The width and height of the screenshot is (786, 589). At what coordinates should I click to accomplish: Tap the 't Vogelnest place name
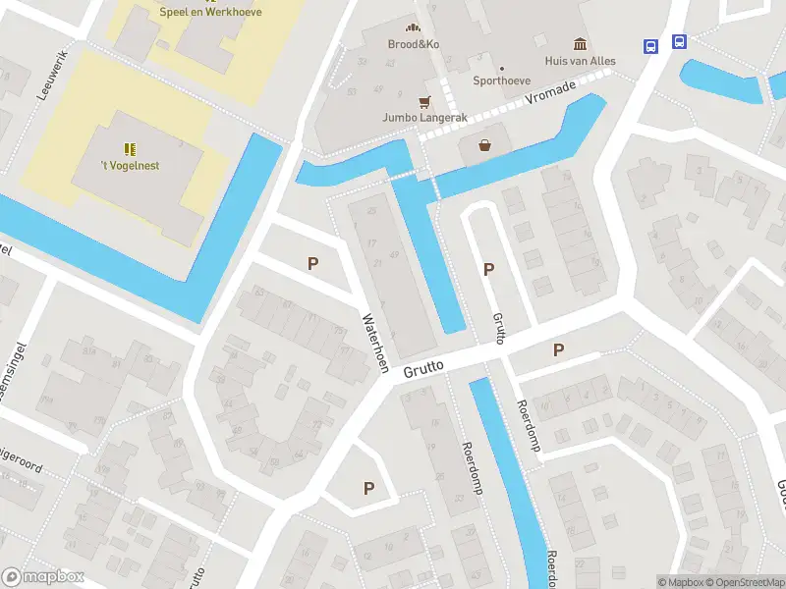point(130,166)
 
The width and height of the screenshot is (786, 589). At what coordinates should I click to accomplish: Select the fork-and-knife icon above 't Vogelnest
point(130,149)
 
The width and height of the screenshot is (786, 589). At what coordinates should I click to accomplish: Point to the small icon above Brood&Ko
point(412,27)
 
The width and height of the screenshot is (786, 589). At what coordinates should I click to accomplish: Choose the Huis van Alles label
point(581,61)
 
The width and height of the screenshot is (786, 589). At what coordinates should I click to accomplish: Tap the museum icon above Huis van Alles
point(581,44)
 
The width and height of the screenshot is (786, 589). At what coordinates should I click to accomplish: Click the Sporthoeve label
point(502,81)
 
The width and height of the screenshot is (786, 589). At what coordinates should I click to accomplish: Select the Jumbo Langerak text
point(424,118)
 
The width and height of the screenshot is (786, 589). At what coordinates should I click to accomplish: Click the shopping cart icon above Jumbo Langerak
point(424,101)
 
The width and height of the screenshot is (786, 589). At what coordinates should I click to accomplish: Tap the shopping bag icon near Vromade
point(484,146)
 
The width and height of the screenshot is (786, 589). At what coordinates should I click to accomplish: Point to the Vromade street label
point(549,93)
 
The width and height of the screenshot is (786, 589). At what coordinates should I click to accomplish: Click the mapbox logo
point(43,577)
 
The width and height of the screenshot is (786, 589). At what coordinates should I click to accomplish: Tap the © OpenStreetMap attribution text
point(744,582)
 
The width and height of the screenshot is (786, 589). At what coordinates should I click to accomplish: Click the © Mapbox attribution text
point(680,582)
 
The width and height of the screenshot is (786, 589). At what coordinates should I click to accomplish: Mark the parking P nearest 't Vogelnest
point(313,263)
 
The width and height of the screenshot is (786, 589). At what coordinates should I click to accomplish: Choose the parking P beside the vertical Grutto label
point(488,269)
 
